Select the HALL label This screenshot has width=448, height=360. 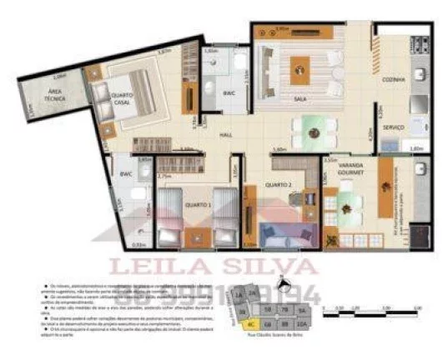[x=225, y=133]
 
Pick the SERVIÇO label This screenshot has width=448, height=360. [x=393, y=127]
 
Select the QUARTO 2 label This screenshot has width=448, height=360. [x=277, y=184]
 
